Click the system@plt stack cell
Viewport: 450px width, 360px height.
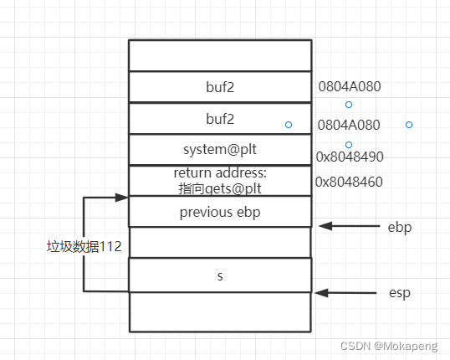pos(219,150)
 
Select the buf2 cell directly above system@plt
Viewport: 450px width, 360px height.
pos(219,119)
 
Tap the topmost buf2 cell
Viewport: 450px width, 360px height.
pos(219,86)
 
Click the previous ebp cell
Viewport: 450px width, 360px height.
pos(219,212)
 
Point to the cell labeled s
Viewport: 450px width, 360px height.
pos(219,275)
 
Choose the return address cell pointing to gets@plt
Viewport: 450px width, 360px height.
pos(219,181)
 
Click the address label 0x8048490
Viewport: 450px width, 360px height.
pos(349,157)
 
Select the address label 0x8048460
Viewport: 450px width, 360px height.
pos(349,182)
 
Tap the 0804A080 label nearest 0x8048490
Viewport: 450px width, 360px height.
pos(349,125)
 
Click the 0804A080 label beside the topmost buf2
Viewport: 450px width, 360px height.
pos(349,85)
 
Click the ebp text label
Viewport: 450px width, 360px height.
pos(399,227)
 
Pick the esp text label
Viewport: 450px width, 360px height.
pos(399,293)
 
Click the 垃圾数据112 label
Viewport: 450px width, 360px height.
pos(84,247)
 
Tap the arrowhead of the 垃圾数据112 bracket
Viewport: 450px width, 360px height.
pos(122,198)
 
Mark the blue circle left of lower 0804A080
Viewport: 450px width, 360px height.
pos(289,125)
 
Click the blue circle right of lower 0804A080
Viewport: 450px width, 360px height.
pos(409,125)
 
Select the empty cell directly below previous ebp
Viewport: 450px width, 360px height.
pos(219,242)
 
